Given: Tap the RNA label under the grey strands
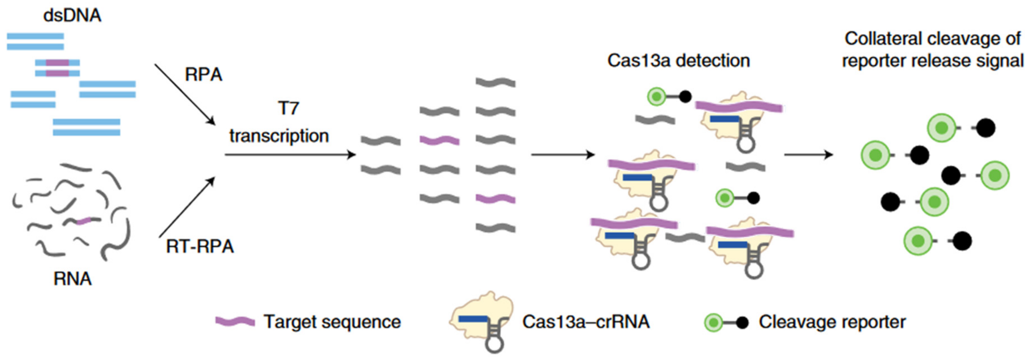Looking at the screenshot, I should pyautogui.click(x=72, y=279).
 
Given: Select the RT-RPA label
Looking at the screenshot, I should pyautogui.click(x=200, y=246).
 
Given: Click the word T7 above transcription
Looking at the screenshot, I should pyautogui.click(x=288, y=108).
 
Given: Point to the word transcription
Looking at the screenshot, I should pyautogui.click(x=279, y=136).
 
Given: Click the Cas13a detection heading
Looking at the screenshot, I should pyautogui.click(x=678, y=61).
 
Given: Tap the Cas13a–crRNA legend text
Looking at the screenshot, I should pyautogui.click(x=586, y=322).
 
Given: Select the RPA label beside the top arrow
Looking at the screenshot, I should pyautogui.click(x=203, y=75).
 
